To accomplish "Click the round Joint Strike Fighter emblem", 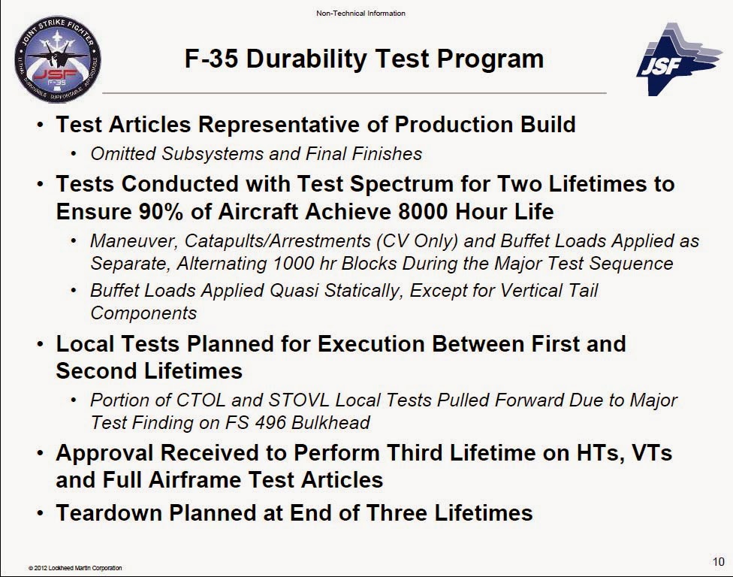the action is pos(58,59).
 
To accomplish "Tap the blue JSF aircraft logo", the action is pos(679,59).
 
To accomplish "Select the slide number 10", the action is pos(719,561).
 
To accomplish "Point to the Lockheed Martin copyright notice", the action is pos(75,568).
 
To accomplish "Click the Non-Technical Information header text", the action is pos(360,13).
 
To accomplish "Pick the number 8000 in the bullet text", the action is pos(424,211).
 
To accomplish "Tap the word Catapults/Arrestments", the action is pos(278,241).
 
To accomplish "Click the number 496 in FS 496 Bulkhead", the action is pos(270,423).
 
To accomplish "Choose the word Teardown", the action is pos(110,512).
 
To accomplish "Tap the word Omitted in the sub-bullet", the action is pos(123,154).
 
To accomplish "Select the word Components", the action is pos(143,313).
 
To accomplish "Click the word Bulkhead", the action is pos(330,423).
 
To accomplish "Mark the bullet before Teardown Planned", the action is pos(41,514).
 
